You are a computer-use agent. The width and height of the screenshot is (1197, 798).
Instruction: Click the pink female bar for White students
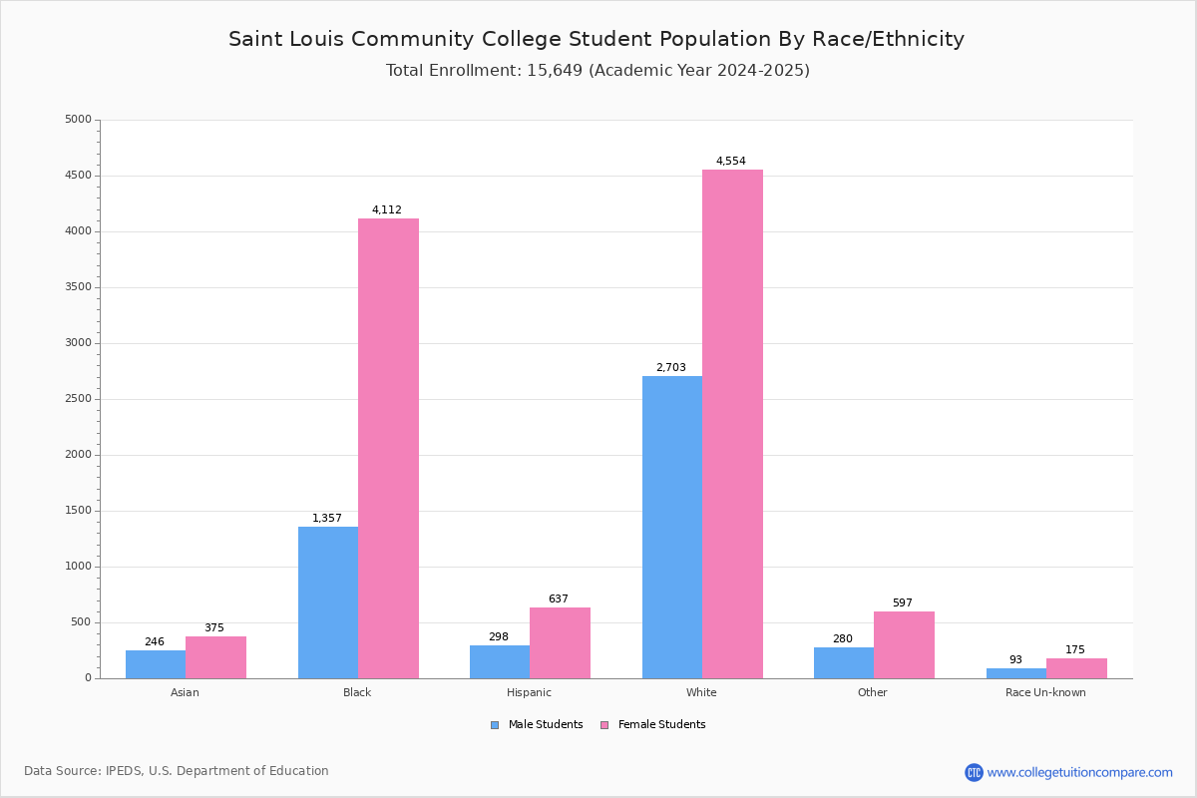(x=732, y=424)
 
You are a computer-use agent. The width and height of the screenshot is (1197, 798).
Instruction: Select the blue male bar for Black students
(x=328, y=602)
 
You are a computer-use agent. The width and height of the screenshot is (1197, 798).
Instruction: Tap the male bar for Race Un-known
(x=1016, y=673)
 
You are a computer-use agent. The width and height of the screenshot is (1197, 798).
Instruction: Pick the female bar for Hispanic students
(x=560, y=643)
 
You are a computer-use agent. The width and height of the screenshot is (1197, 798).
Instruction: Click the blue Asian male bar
(x=156, y=664)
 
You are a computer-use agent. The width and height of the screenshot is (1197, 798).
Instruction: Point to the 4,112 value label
(x=387, y=209)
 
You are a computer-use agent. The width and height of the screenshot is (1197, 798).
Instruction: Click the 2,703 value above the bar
(x=671, y=367)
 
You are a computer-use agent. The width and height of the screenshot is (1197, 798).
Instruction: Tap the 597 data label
(x=903, y=602)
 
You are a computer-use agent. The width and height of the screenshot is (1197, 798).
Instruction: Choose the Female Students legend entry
(x=653, y=725)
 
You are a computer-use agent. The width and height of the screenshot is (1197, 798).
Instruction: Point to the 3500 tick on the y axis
(x=78, y=287)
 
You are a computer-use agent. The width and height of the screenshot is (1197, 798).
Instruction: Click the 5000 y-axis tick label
(x=78, y=120)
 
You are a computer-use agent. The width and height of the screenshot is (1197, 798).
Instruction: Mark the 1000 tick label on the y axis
(x=78, y=567)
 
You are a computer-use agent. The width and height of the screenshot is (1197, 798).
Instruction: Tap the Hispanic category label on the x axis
(x=529, y=692)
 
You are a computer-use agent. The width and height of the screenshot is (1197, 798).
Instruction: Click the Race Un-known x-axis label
(x=1045, y=692)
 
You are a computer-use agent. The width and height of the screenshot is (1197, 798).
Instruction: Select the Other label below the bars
(x=872, y=692)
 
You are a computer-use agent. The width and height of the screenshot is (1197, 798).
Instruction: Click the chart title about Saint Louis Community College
(x=597, y=39)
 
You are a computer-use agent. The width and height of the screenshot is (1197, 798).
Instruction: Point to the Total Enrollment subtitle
(x=598, y=71)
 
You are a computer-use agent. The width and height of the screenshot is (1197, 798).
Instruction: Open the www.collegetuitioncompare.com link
(x=1079, y=772)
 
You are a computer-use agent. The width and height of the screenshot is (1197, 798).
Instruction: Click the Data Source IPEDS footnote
(x=177, y=771)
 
